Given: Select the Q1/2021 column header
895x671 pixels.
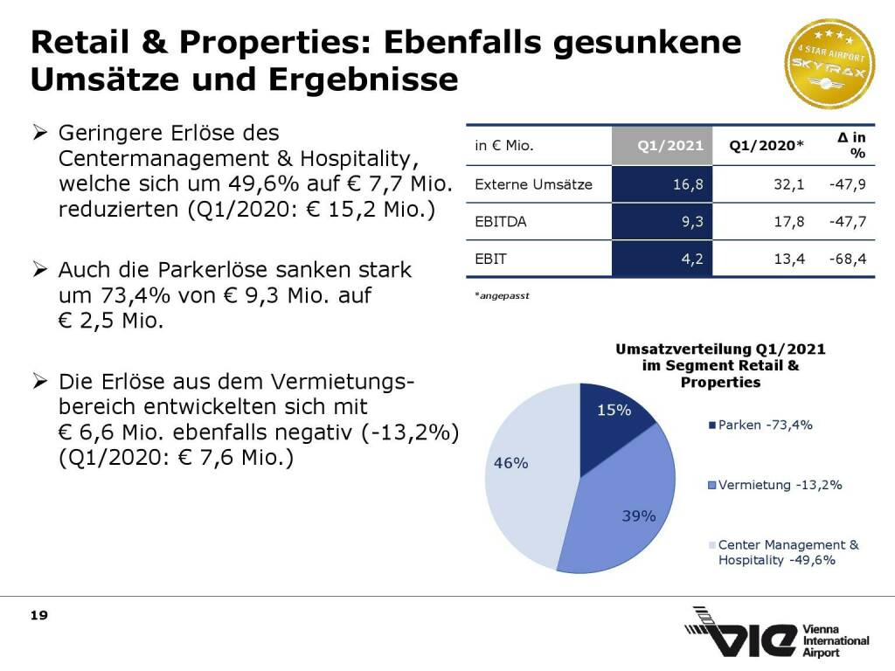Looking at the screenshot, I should click(x=670, y=146).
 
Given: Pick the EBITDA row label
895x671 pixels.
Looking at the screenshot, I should click(x=501, y=222).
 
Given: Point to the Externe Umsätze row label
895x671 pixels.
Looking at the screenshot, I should click(x=533, y=184).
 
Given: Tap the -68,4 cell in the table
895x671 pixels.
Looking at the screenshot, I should click(x=849, y=259).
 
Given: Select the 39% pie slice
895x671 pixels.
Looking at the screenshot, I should click(x=625, y=507).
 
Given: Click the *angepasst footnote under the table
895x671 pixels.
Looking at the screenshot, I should click(x=502, y=296).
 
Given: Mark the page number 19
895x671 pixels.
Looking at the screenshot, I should click(x=38, y=616).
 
